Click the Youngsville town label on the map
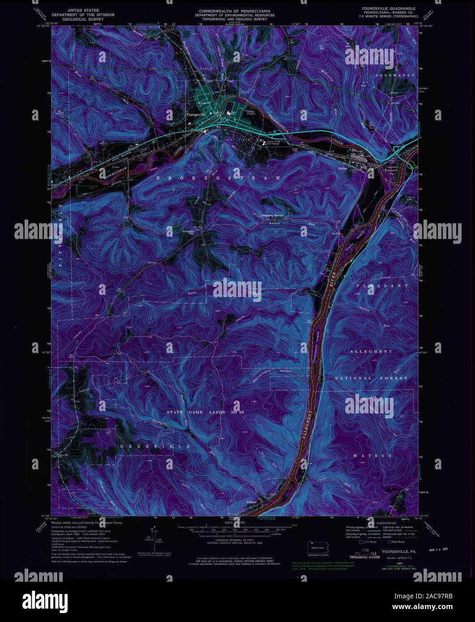[196, 115]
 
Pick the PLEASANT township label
[382, 285]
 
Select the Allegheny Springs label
[273, 215]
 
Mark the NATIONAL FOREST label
[372, 378]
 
